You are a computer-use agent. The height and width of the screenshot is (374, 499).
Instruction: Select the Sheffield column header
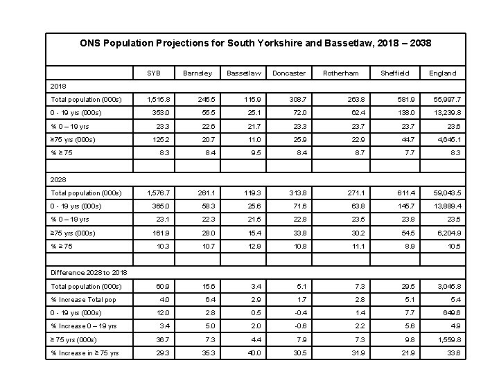[x=395, y=73]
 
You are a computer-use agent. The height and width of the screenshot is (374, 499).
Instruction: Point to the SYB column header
[x=153, y=73]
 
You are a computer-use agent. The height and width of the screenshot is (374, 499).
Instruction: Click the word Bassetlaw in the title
[x=349, y=43]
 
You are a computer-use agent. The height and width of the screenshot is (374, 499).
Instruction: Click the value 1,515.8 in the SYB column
[x=159, y=100]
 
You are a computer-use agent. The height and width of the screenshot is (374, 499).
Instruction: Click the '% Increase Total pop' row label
[x=83, y=300]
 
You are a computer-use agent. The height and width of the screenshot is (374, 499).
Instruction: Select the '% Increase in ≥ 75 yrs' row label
[x=85, y=353]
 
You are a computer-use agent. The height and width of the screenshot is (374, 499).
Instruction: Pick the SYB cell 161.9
[x=161, y=233]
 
